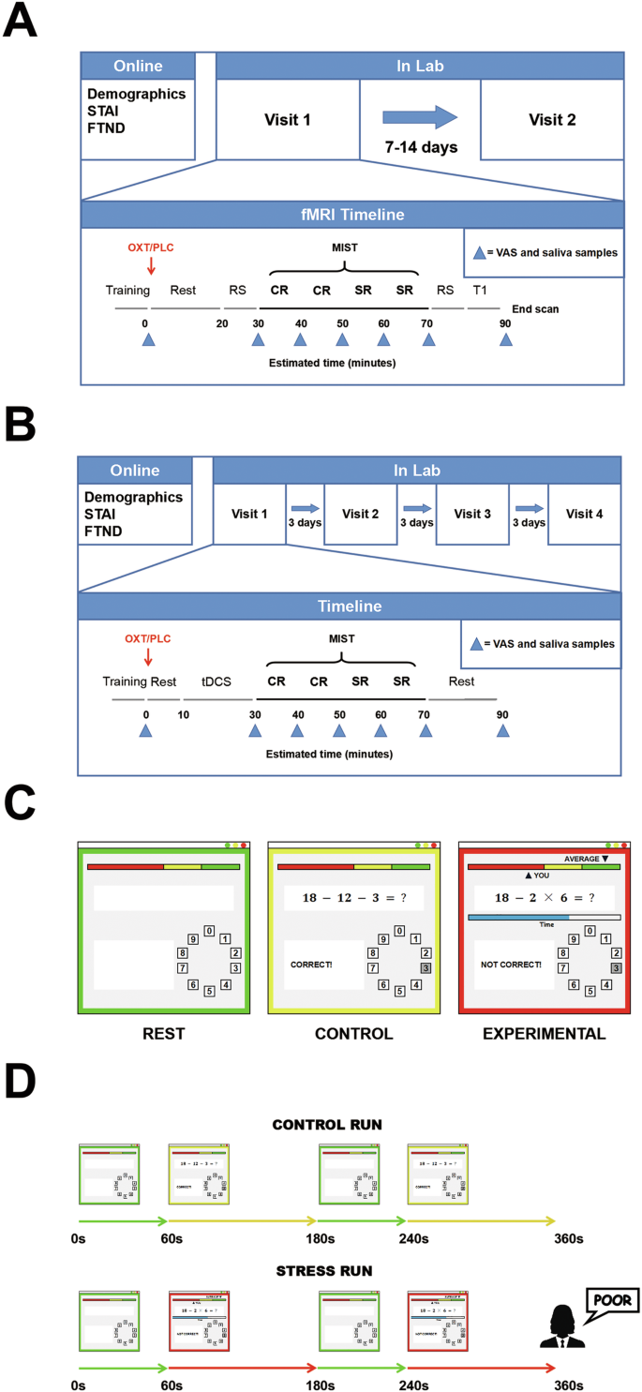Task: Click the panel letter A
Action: [21, 21]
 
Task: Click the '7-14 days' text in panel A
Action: [420, 146]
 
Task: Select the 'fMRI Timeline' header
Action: [351, 215]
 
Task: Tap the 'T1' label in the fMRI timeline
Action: [480, 291]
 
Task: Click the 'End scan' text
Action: [535, 307]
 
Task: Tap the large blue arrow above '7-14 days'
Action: [420, 119]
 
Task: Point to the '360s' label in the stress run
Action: [566, 1383]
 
